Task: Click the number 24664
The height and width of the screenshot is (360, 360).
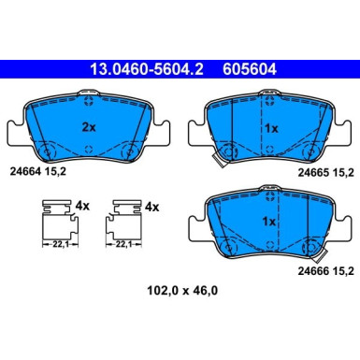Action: pyautogui.click(x=27, y=170)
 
